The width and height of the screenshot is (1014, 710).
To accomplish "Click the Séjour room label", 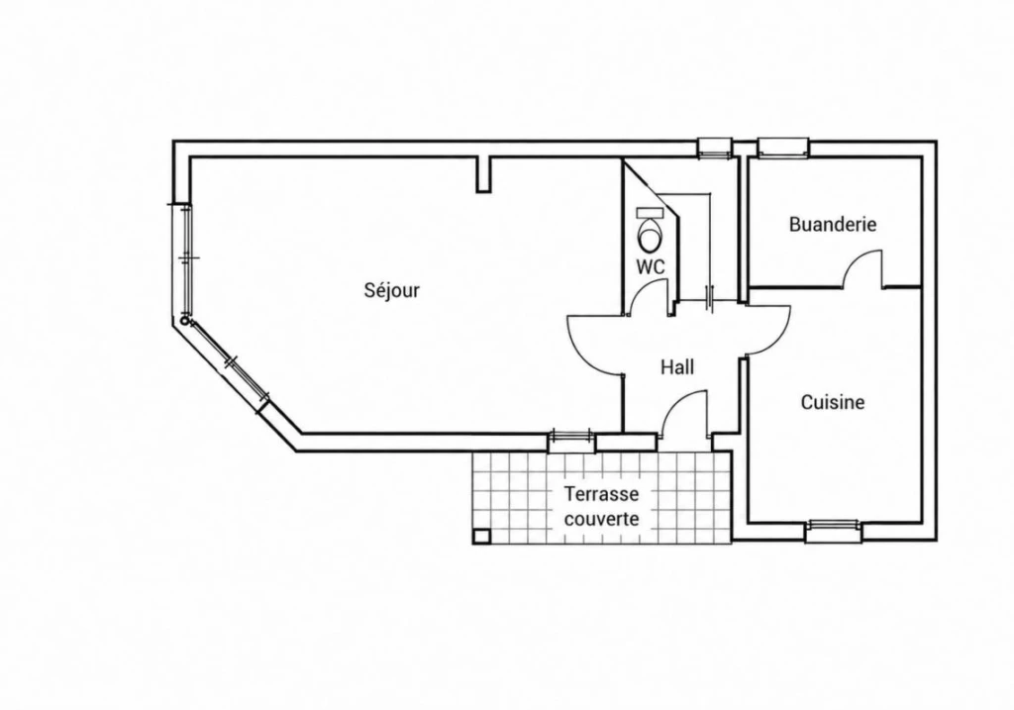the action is [x=392, y=290].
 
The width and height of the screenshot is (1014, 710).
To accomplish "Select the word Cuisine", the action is [x=833, y=402].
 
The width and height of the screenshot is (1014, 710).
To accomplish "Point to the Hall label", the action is [x=677, y=367].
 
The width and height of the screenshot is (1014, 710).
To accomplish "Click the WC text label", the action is [x=650, y=266].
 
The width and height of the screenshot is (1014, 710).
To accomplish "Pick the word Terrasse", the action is [x=601, y=494].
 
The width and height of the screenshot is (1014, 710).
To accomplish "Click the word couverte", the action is [x=601, y=519].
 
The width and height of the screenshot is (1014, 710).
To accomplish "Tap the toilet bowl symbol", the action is [x=650, y=235].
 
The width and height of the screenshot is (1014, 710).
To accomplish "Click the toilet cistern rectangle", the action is [x=651, y=212].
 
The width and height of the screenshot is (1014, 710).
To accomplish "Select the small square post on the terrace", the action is [x=482, y=536].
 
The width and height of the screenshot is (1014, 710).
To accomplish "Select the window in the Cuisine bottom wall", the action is [x=833, y=532].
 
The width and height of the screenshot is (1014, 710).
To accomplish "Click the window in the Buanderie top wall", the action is [x=783, y=149].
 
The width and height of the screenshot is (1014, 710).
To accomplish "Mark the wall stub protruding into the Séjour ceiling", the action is [x=483, y=174].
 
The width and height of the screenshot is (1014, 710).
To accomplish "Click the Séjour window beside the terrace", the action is [x=571, y=441].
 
